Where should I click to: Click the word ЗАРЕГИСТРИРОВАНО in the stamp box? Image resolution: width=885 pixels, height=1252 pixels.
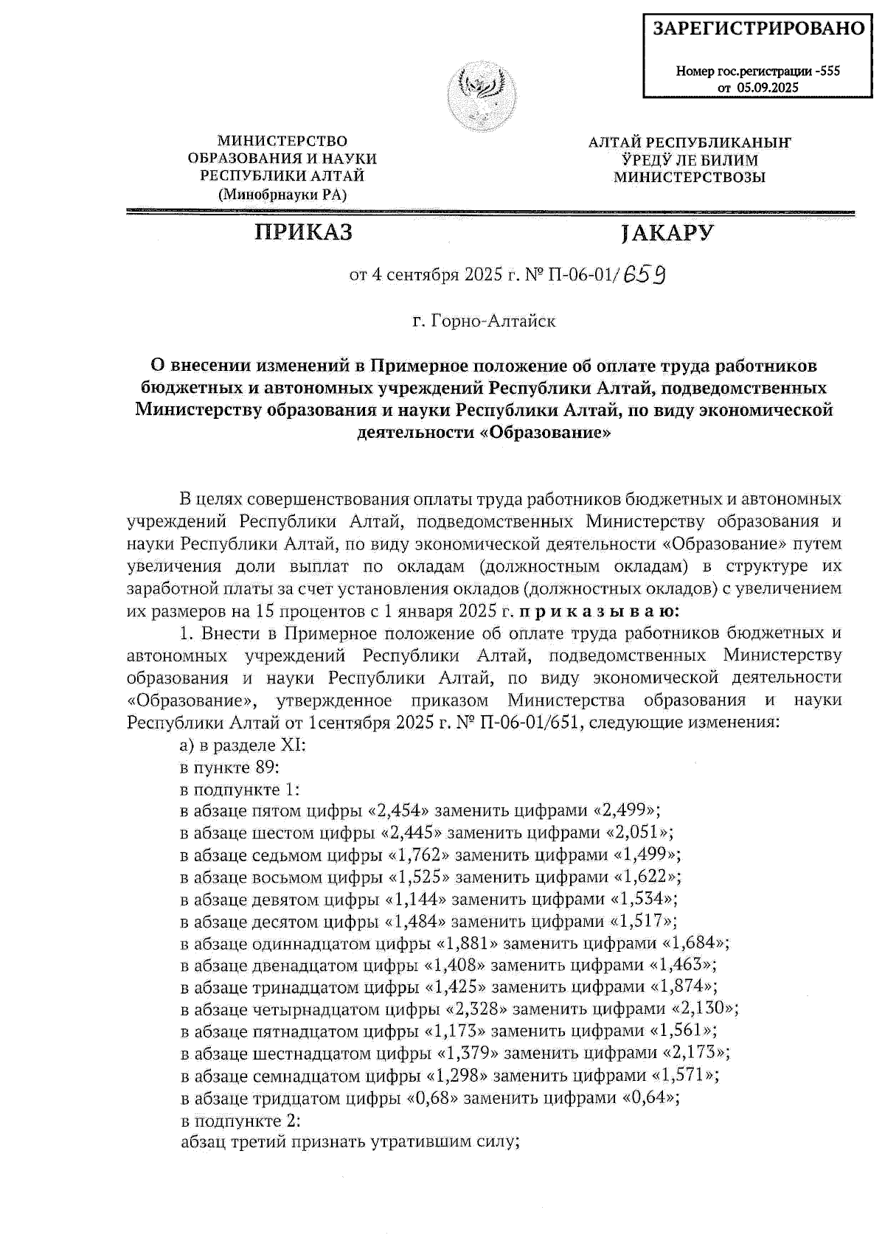coord(758,29)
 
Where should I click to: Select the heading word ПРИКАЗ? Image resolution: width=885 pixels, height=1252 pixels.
coord(303,232)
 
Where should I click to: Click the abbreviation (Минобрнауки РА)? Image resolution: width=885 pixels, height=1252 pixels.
coord(282,195)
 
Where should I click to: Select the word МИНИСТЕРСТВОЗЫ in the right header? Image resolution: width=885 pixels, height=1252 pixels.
coord(690,177)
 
